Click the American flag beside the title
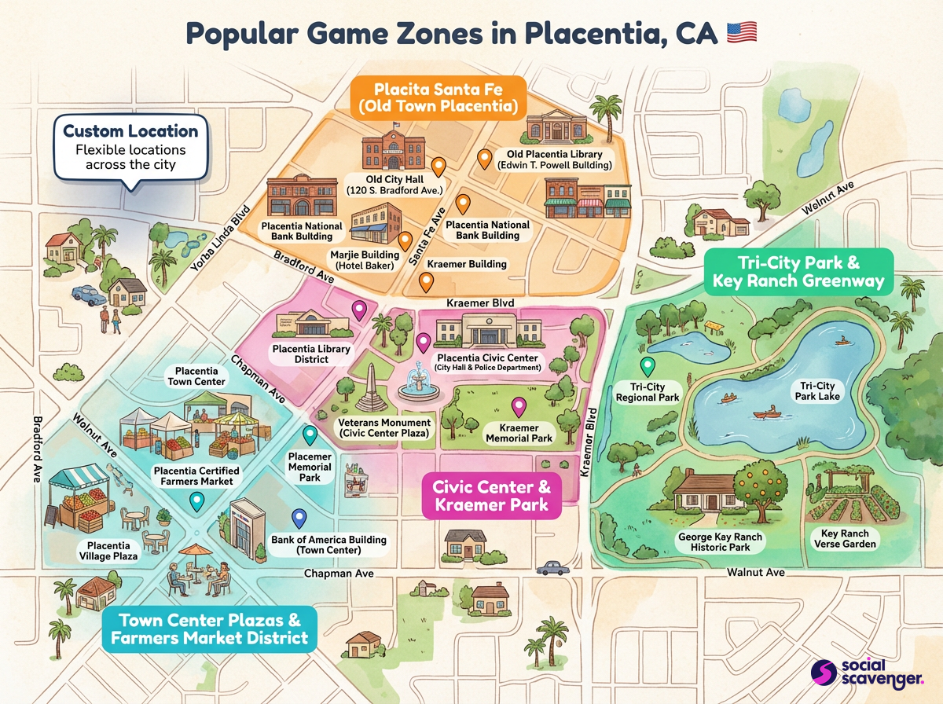pos(741,32)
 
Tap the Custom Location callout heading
pos(130,130)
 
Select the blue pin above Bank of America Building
pos(299,519)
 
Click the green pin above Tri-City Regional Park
pos(647,366)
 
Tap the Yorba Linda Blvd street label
pos(221,239)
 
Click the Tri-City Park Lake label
pos(817,390)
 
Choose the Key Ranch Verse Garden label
pos(842,537)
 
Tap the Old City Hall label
pos(396,185)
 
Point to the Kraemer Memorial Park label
pos(519,432)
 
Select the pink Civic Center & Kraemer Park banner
pos(492,496)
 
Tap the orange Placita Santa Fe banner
pos(438,96)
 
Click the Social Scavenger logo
pos(870,673)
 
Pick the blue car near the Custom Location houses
pos(88,295)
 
